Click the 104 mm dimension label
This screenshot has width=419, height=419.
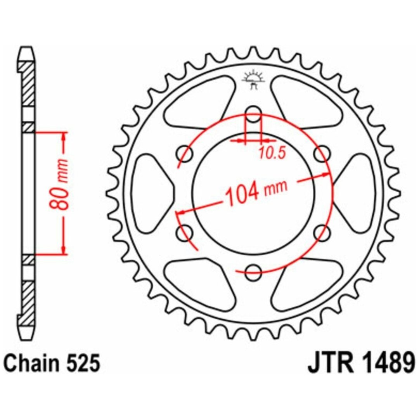256,191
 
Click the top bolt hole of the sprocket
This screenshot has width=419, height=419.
253,114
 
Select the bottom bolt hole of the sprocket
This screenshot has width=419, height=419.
253,273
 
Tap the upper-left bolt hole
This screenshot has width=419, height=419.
185,154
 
